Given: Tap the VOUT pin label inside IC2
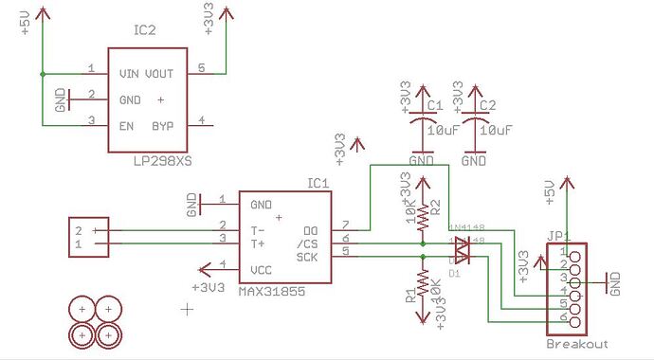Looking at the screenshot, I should [x=161, y=73].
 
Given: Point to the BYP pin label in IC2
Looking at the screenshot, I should [x=164, y=124].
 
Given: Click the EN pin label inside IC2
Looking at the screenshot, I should [x=126, y=124].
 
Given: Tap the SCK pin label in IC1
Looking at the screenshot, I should [x=307, y=257].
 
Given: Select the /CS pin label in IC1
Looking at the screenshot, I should [x=307, y=243].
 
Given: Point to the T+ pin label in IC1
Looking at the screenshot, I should [x=258, y=243].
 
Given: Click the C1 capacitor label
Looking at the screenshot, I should [x=435, y=106].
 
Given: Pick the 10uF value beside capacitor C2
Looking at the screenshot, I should [x=498, y=130].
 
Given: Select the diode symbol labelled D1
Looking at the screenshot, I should [x=461, y=250].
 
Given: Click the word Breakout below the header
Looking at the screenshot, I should [x=576, y=344].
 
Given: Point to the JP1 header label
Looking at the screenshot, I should [x=557, y=236].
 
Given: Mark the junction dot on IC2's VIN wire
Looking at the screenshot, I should [x=42, y=73].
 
